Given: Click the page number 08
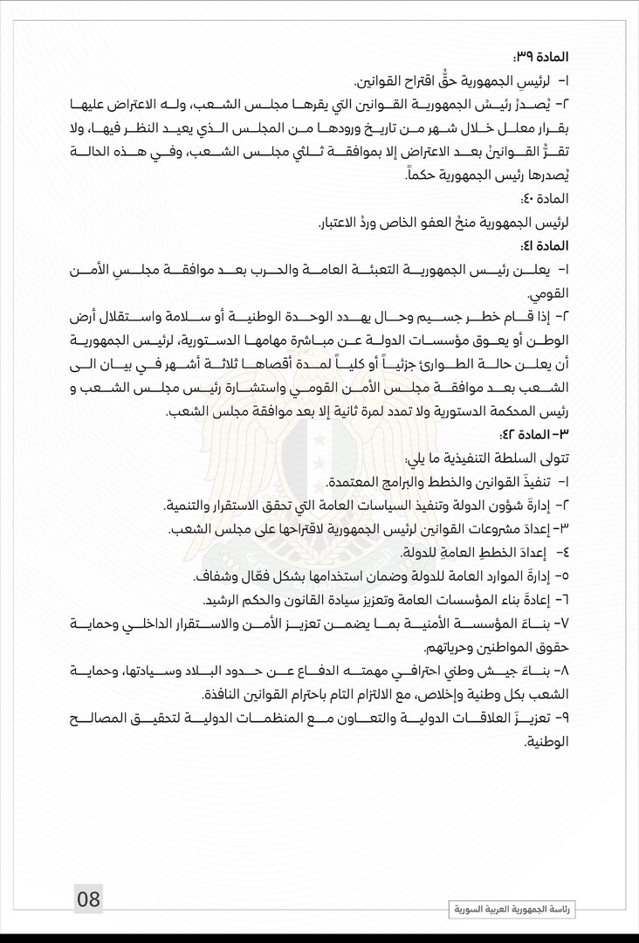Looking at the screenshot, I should pos(89,898).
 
